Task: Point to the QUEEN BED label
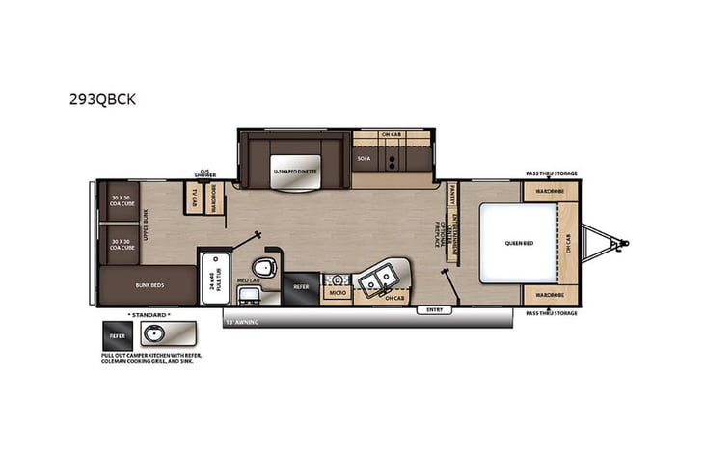(x=518, y=243)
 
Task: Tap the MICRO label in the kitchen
(x=337, y=290)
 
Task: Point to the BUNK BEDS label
(x=149, y=285)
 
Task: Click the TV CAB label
(x=194, y=196)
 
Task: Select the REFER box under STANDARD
(x=118, y=334)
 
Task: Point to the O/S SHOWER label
(x=204, y=174)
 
